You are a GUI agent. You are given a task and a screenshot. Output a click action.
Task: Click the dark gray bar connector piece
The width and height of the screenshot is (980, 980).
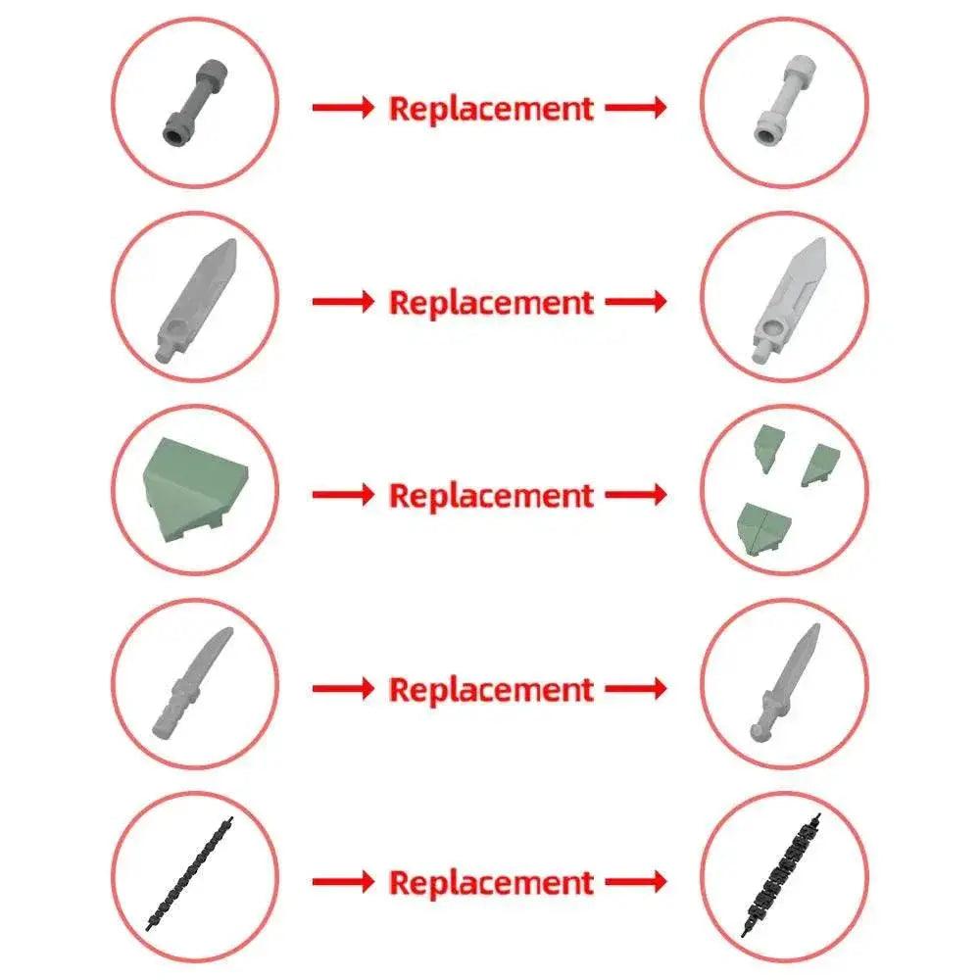pos(195,103)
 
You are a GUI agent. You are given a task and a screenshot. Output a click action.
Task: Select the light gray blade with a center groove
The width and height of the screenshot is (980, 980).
pos(789,300)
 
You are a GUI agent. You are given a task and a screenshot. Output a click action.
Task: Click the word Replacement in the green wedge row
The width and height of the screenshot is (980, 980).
pos(491,496)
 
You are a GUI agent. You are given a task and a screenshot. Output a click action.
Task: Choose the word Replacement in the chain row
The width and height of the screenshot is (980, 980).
pos(491,883)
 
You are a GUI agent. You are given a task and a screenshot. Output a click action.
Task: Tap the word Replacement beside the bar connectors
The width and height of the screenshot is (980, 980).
pos(491,108)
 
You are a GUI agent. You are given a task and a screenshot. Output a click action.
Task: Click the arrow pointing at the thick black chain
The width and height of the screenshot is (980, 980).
pos(636,882)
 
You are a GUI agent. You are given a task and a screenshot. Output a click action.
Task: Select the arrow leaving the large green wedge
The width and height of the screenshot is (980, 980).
pos(343,495)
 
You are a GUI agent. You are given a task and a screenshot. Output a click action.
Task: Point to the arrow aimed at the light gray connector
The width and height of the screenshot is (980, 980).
pos(636,108)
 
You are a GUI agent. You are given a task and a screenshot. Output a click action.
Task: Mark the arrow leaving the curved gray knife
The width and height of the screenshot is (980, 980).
pos(343,689)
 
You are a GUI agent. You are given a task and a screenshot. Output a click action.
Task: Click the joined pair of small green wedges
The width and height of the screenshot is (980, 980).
pos(763,528)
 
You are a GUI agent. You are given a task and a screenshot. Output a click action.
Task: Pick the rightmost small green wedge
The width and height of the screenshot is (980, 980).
pos(820,465)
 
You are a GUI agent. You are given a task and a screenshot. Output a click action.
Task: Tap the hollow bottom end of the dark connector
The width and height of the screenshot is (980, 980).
pos(174,133)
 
